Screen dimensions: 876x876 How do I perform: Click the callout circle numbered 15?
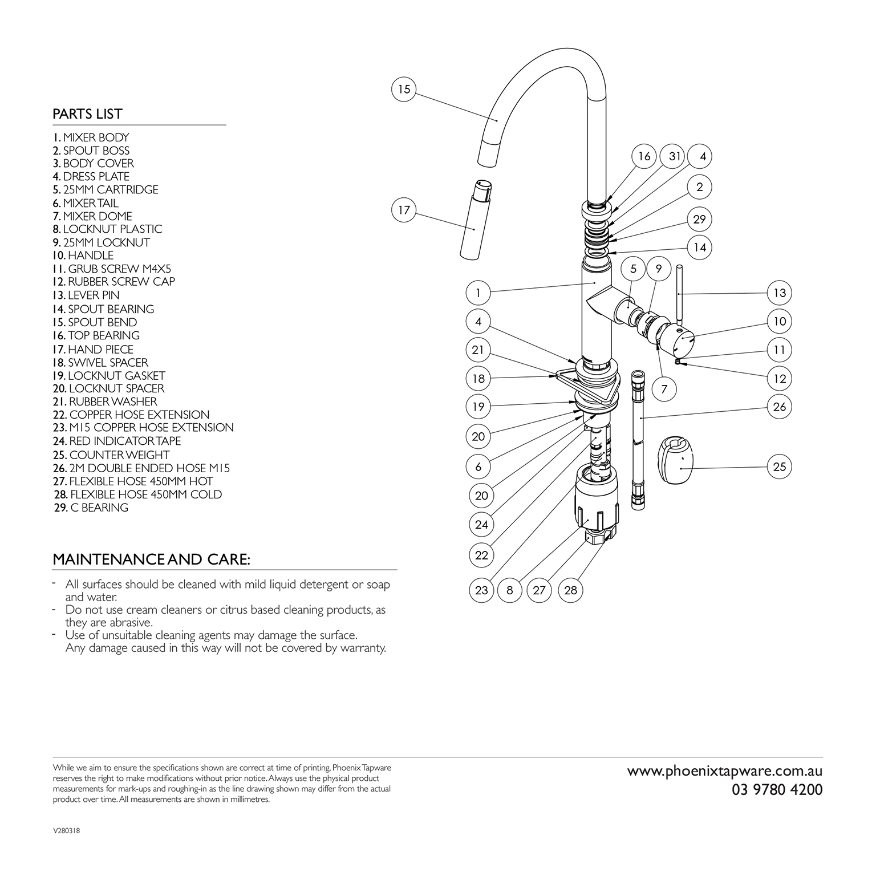click(404, 90)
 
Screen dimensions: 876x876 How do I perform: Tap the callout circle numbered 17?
click(404, 210)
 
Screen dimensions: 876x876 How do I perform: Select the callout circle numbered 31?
click(675, 156)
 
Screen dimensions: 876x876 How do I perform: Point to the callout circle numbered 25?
click(780, 467)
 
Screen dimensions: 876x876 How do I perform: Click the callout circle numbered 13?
click(780, 293)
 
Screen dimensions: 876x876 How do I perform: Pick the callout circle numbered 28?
click(571, 590)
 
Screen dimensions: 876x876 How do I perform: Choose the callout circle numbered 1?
click(478, 293)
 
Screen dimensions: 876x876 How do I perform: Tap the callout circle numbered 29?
click(700, 219)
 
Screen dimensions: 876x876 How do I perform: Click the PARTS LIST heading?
click(87, 114)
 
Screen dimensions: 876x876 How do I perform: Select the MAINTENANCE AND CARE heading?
click(151, 559)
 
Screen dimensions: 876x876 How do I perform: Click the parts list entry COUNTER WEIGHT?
click(111, 455)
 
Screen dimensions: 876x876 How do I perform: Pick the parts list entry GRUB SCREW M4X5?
click(112, 269)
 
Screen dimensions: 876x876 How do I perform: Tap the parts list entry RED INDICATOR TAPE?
click(117, 441)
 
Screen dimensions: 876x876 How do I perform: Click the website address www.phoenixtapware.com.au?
click(725, 772)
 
